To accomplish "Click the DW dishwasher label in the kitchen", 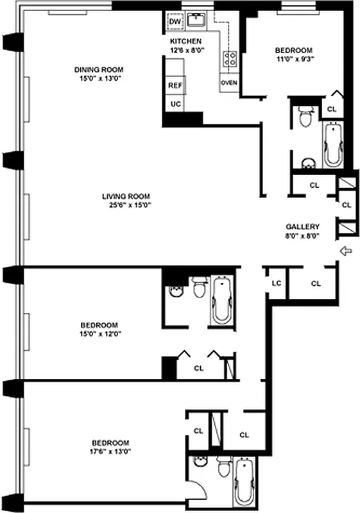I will click(x=175, y=22).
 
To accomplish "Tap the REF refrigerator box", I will click(x=175, y=85).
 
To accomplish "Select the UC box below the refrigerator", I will click(x=175, y=103).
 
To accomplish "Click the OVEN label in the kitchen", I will click(x=228, y=83).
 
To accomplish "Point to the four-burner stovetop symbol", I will click(x=228, y=58).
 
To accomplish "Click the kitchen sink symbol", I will click(x=196, y=22).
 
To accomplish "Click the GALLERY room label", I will click(x=302, y=226).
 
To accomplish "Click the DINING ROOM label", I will click(x=98, y=69).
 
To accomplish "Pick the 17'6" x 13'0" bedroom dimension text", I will click(x=110, y=452).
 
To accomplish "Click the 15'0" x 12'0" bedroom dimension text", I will click(x=99, y=333).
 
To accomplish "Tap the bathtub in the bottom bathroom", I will click(x=244, y=477).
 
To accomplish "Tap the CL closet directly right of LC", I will click(x=316, y=283).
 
